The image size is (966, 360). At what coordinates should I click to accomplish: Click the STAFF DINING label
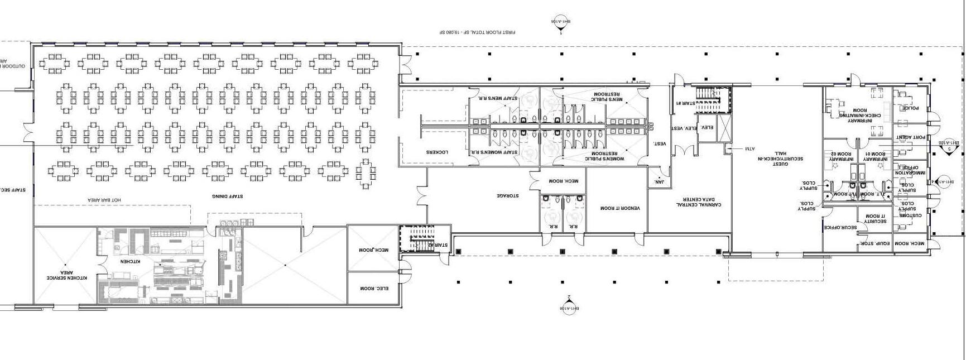coord(227,196)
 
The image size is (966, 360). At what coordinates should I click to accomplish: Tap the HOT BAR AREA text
coord(104,200)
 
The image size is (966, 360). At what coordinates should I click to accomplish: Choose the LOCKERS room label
coord(438,152)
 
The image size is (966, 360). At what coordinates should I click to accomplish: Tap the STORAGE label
coord(508,196)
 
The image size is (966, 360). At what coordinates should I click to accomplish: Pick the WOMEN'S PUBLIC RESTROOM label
coord(604,156)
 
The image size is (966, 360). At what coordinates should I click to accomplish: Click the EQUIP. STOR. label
coord(876,244)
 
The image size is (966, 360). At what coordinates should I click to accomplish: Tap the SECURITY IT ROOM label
coord(875,219)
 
